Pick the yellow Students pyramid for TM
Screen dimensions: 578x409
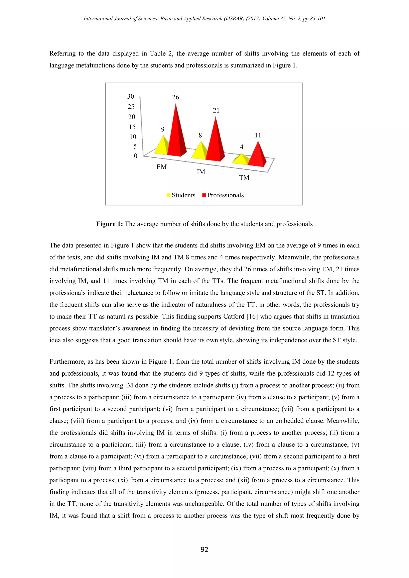pyautogui.click(x=241, y=160)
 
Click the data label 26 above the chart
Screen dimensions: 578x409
pyautogui.click(x=176, y=97)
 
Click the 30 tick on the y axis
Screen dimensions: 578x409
pyautogui.click(x=130, y=96)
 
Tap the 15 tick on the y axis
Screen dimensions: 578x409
pyautogui.click(x=132, y=127)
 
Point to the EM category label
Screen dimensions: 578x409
pyautogui.click(x=161, y=167)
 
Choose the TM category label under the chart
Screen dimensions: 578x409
pyautogui.click(x=244, y=178)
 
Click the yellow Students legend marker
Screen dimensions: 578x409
pyautogui.click(x=169, y=195)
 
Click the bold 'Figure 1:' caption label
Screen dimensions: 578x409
pyautogui.click(x=109, y=224)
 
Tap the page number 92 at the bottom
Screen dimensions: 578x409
pyautogui.click(x=204, y=549)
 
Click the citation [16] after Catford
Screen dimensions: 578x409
pyautogui.click(x=252, y=316)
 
